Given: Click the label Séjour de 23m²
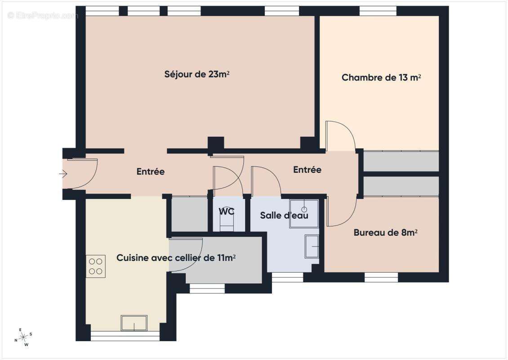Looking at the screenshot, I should [x=197, y=74].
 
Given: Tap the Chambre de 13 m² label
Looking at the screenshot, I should [x=381, y=77].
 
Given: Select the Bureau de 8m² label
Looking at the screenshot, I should [x=385, y=233].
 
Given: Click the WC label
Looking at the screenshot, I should [x=227, y=211].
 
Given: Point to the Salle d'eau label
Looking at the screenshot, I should [x=284, y=216].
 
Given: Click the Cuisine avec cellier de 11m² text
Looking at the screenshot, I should [x=176, y=258].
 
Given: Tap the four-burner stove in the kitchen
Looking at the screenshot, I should [x=95, y=266].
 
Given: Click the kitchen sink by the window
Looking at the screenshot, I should [x=134, y=323].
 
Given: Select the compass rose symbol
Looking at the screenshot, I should [x=23, y=336].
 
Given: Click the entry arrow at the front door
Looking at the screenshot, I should [x=63, y=173].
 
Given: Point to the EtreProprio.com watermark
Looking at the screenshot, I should [x=43, y=16].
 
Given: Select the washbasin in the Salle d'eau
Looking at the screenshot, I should [x=312, y=247].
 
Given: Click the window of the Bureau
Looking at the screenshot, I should [x=381, y=277].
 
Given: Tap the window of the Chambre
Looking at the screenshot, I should [x=378, y=11].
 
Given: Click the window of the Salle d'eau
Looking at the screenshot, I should [x=288, y=278].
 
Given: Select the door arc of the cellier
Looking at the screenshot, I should [x=186, y=254].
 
